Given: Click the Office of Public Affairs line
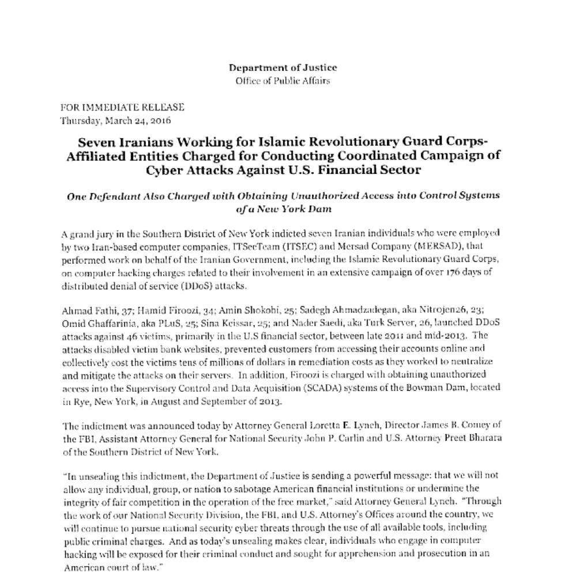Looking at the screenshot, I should pyautogui.click(x=283, y=81).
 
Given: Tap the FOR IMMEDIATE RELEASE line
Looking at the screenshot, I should pyautogui.click(x=122, y=107).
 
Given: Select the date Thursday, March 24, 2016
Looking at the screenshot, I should pyautogui.click(x=115, y=120).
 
